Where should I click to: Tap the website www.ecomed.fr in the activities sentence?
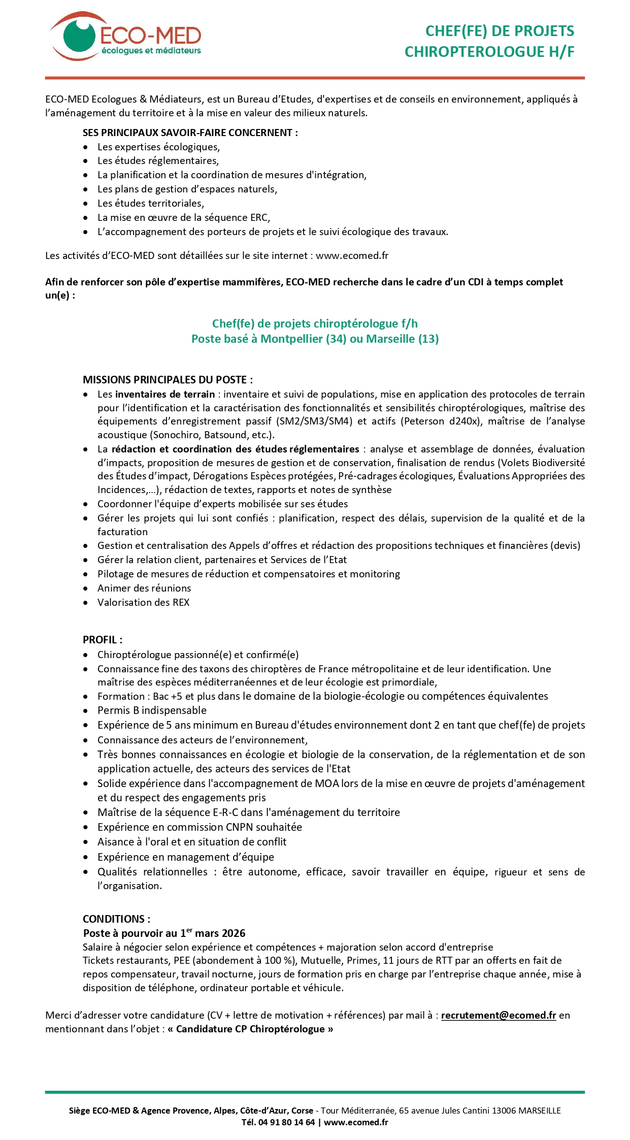pyautogui.click(x=352, y=255)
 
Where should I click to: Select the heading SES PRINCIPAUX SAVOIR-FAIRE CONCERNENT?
pyautogui.click(x=190, y=133)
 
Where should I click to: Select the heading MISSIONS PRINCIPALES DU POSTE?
pyautogui.click(x=168, y=379)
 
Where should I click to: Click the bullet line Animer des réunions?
pyautogui.click(x=144, y=588)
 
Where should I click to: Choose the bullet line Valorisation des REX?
pyautogui.click(x=143, y=602)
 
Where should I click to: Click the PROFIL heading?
pyautogui.click(x=102, y=640)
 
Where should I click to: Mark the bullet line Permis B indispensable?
pyautogui.click(x=152, y=710)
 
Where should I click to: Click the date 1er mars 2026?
pyautogui.click(x=213, y=933)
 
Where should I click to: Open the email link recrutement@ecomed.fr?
pyautogui.click(x=499, y=1015)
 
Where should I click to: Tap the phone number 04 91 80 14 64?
pyautogui.click(x=286, y=1122)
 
